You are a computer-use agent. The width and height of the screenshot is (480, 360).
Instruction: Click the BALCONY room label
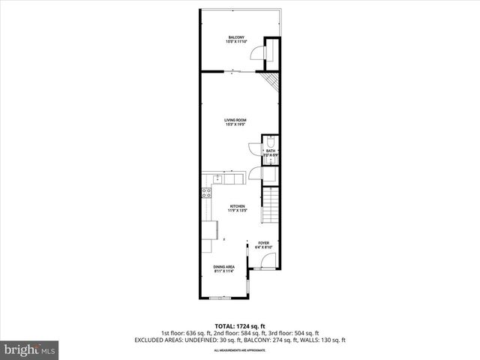click(x=235, y=37)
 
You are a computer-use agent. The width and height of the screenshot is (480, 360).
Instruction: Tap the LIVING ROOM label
click(x=235, y=120)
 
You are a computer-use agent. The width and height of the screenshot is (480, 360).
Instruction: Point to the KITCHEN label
click(x=238, y=206)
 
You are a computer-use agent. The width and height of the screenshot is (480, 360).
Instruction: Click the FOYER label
click(x=263, y=243)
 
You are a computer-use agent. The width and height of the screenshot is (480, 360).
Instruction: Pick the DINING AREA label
click(x=224, y=267)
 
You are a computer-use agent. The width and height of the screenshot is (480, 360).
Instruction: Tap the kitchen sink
click(x=217, y=179)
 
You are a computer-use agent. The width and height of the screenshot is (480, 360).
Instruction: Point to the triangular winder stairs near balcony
click(x=271, y=80)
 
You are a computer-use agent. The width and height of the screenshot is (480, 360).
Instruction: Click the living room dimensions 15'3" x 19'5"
click(x=235, y=124)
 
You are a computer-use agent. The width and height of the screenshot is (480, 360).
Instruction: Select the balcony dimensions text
click(x=235, y=42)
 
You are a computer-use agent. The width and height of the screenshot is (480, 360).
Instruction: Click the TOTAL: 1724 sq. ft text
click(x=239, y=325)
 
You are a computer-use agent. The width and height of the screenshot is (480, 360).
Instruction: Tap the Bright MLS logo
click(x=29, y=349)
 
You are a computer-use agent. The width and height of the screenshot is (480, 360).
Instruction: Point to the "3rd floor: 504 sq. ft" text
click(x=298, y=332)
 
